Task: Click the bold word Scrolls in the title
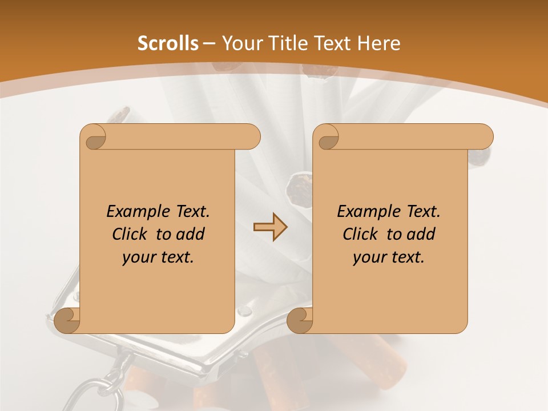[x=168, y=43]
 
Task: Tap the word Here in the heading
[x=378, y=43]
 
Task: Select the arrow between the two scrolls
[x=270, y=227]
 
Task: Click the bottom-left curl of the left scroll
[x=67, y=320]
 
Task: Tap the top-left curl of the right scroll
[x=328, y=137]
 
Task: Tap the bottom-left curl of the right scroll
[x=300, y=320]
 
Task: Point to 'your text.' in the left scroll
[x=158, y=257]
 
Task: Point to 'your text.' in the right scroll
[x=389, y=257]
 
